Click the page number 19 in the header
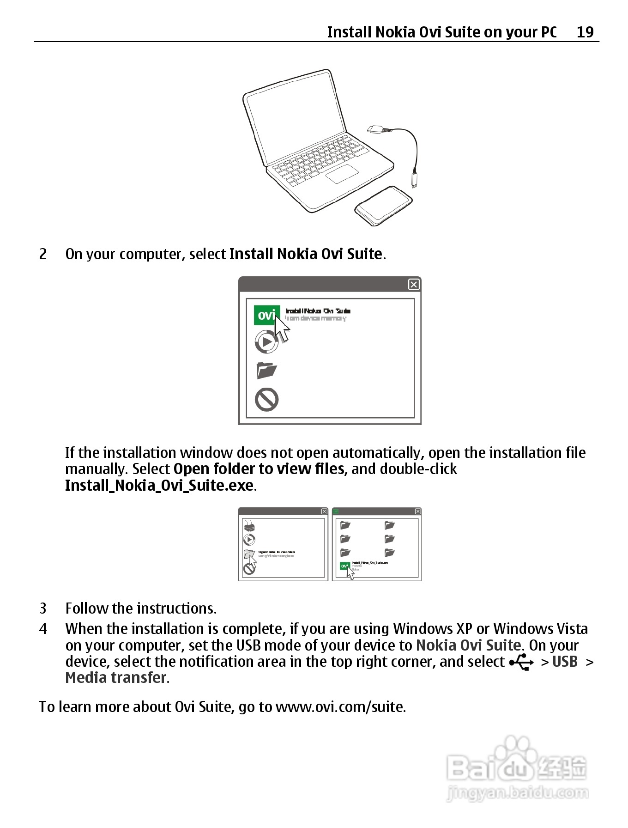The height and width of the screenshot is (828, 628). (585, 32)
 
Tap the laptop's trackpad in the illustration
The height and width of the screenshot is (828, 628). (342, 174)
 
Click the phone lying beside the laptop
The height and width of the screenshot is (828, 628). (383, 206)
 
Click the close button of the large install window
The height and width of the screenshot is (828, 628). (414, 285)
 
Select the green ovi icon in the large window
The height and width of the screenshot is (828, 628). (266, 315)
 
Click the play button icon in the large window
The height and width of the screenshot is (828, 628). (266, 342)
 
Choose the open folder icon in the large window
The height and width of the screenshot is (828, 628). (266, 370)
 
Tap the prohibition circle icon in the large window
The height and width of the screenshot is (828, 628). (266, 399)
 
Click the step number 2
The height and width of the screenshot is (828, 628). (43, 254)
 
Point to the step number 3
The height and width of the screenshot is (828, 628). (43, 608)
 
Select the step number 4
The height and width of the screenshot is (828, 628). (43, 629)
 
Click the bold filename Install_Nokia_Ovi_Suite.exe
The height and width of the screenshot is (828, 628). (159, 486)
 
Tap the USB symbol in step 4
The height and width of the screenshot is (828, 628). (521, 663)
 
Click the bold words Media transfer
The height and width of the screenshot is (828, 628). (116, 678)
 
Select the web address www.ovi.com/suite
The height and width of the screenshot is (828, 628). (340, 707)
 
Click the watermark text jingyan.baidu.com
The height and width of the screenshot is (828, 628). (517, 793)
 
